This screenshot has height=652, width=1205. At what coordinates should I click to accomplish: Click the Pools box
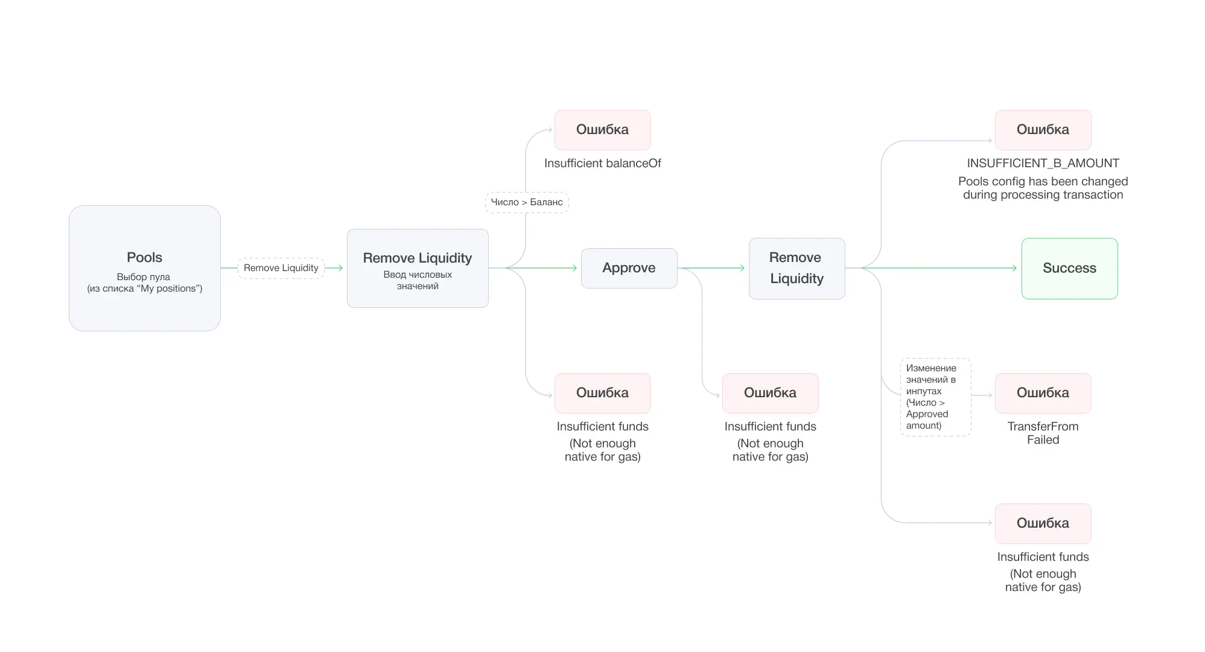[x=144, y=268]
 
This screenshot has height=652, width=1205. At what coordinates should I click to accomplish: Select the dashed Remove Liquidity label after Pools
[x=281, y=268]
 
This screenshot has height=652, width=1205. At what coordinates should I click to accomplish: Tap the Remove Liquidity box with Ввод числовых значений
[x=418, y=268]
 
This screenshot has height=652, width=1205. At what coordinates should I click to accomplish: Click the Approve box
[x=629, y=268]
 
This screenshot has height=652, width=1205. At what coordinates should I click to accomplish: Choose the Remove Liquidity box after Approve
[x=796, y=268]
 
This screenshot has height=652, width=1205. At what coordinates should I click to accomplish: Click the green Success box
[x=1069, y=268]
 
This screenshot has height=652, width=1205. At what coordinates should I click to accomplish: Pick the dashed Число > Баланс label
[x=527, y=202]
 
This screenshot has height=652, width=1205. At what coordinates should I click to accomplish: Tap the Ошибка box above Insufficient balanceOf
[x=602, y=130]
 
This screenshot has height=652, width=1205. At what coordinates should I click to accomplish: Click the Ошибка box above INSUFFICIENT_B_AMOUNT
[x=1043, y=130]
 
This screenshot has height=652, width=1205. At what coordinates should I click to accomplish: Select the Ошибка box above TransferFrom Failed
[x=1043, y=393]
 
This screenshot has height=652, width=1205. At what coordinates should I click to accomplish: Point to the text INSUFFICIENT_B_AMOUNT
[x=1043, y=163]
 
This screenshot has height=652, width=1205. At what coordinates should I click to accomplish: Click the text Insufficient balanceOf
[x=602, y=163]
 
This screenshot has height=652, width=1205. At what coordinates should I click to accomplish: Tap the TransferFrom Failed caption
[x=1043, y=433]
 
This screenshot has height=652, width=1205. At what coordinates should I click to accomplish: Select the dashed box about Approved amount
[x=935, y=397]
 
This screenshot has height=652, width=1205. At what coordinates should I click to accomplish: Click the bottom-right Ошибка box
[x=1043, y=523]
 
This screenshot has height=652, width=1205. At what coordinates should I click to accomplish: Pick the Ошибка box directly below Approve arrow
[x=770, y=393]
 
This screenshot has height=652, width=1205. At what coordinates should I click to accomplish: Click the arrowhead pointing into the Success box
[x=1014, y=268]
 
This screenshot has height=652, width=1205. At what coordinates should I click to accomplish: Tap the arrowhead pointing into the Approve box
[x=574, y=268]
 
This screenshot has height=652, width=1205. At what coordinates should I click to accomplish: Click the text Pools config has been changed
[x=1043, y=181]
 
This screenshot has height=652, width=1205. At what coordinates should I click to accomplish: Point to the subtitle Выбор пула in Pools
[x=144, y=277]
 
